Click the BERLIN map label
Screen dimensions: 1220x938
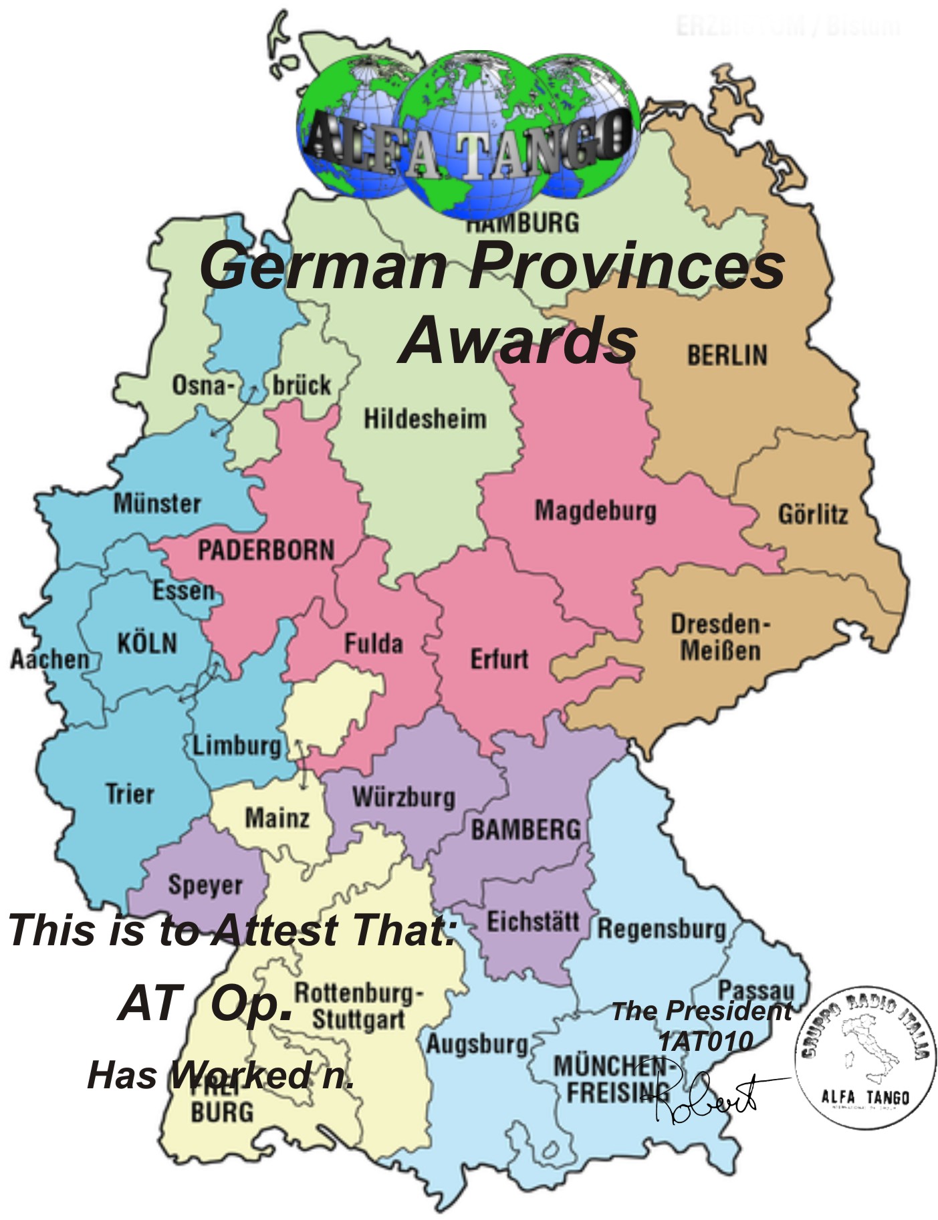pyautogui.click(x=727, y=355)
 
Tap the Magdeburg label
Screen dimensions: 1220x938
pyautogui.click(x=595, y=511)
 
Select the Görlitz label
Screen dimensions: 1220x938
pyautogui.click(x=812, y=515)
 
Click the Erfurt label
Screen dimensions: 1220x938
pyautogui.click(x=499, y=659)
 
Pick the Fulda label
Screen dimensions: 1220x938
pyautogui.click(x=373, y=644)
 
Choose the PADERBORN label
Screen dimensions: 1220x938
pyautogui.click(x=265, y=551)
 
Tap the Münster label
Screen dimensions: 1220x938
pyautogui.click(x=157, y=503)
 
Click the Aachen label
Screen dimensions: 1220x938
pyautogui.click(x=49, y=659)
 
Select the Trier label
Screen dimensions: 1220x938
pyautogui.click(x=130, y=794)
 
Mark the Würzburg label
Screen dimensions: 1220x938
pyautogui.click(x=404, y=798)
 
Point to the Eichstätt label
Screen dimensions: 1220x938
pyautogui.click(x=532, y=923)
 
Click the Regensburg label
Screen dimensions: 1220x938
pyautogui.click(x=661, y=929)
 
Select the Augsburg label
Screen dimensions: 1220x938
pyautogui.click(x=477, y=1044)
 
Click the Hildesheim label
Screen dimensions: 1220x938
pyautogui.click(x=425, y=419)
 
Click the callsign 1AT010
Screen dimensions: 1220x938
pyautogui.click(x=705, y=1041)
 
